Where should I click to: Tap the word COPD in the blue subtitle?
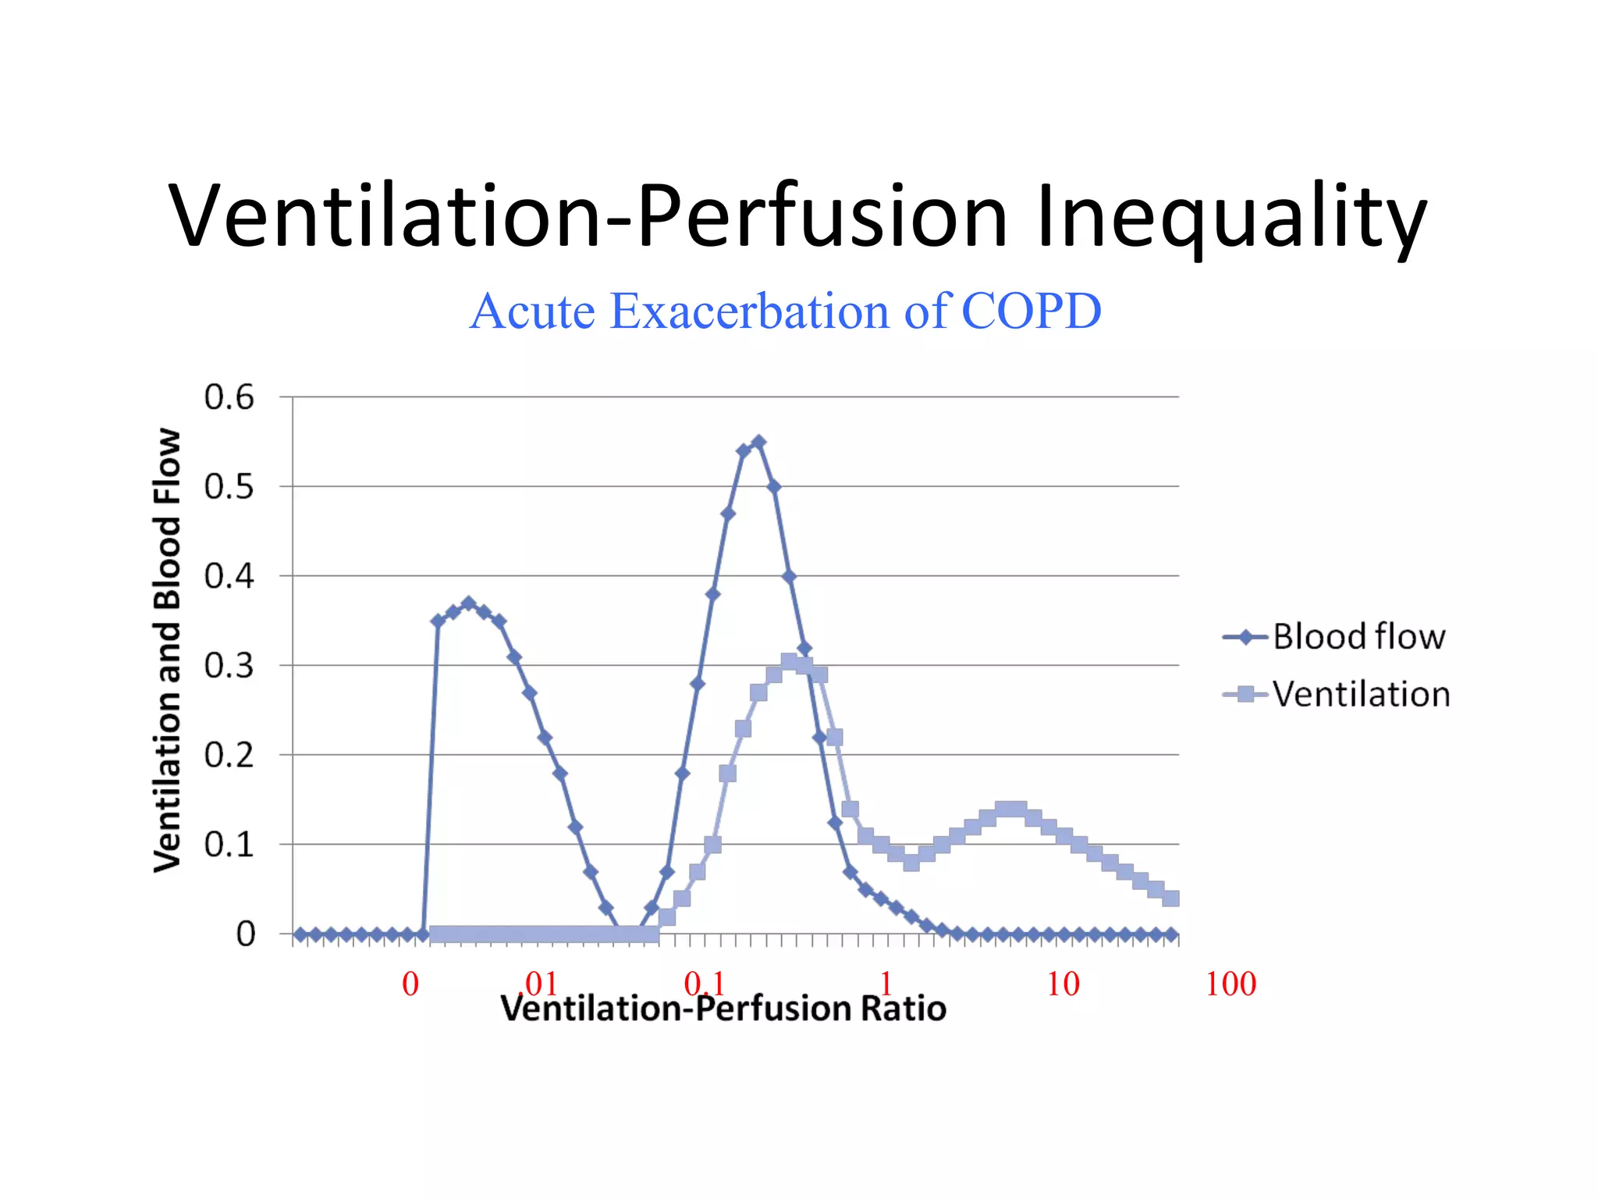point(1031,311)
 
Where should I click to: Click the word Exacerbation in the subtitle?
point(750,311)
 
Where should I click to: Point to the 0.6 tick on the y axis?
point(229,397)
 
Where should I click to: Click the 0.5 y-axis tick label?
point(229,487)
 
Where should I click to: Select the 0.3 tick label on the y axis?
point(229,666)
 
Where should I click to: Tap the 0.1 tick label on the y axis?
point(229,845)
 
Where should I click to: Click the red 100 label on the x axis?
point(1230,984)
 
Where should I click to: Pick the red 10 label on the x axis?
point(1063,984)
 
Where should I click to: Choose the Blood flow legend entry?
point(1358,637)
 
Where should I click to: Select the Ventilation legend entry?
point(1361,694)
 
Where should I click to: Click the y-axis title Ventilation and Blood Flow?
point(168,650)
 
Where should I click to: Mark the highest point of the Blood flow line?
point(758,443)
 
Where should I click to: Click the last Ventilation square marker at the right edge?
point(1170,898)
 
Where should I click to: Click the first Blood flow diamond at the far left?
point(300,934)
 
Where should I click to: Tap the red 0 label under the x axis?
point(410,984)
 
